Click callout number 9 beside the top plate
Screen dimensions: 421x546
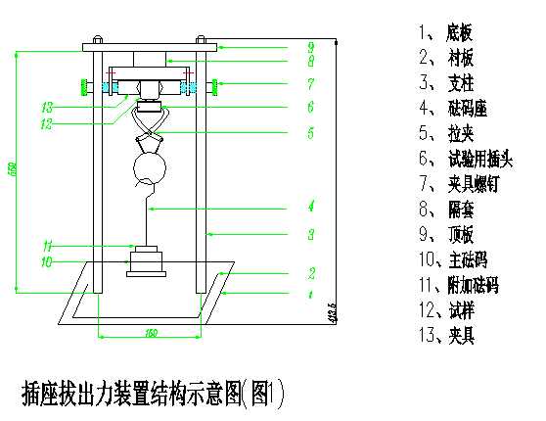310,46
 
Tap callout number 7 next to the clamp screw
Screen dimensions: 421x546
310,84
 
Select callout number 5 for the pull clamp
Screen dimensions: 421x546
310,131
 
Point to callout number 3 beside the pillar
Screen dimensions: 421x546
310,234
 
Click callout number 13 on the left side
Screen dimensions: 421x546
47,107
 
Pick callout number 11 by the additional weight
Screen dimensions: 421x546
47,245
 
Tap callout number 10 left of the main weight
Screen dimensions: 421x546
47,261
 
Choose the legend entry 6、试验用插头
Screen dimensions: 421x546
465,160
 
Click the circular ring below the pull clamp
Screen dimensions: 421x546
149,166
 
